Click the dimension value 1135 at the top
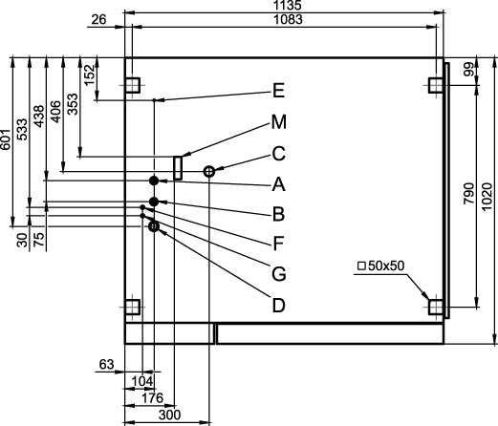click(x=287, y=5)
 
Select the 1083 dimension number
click(x=288, y=20)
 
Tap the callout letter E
click(x=278, y=91)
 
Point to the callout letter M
click(x=279, y=122)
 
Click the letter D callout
click(x=279, y=305)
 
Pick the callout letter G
click(x=279, y=274)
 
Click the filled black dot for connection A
click(x=154, y=181)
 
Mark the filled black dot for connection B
click(x=154, y=202)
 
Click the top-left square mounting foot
click(x=132, y=85)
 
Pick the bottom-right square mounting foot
click(x=436, y=307)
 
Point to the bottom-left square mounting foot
click(x=132, y=307)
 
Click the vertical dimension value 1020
click(x=487, y=197)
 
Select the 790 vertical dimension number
click(x=469, y=194)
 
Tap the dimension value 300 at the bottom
click(x=169, y=415)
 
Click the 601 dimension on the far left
click(x=6, y=139)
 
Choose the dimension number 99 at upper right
click(x=468, y=70)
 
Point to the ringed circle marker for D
click(x=150, y=226)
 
